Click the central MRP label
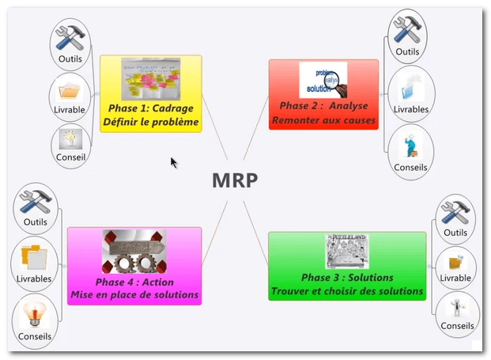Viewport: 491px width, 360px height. [235, 180]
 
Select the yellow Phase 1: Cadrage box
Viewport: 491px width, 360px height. [151, 93]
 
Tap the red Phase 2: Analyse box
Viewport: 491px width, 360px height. [323, 94]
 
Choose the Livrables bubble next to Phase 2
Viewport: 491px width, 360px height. [410, 92]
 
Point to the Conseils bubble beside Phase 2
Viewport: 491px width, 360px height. [410, 150]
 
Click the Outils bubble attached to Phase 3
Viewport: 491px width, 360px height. [455, 218]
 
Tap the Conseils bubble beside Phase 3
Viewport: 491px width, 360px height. [457, 313]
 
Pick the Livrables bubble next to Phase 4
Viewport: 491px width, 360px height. [34, 264]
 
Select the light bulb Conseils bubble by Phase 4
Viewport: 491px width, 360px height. [33, 320]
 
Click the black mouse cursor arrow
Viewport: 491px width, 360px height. [174, 162]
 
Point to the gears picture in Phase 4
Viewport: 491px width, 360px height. [134, 249]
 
